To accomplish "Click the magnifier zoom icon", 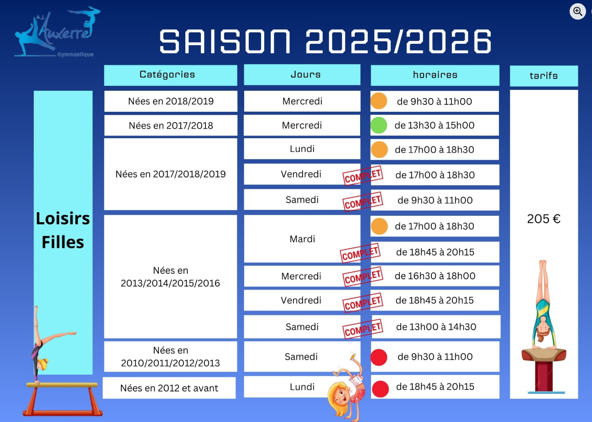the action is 577,11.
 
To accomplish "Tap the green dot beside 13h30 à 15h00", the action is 379,125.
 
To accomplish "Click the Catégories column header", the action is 170,75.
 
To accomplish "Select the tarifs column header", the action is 544,76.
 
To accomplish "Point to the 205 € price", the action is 544,219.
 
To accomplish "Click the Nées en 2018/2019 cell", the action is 171,101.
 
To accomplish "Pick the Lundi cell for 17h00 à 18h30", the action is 302,149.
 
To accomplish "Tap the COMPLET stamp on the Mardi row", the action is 360,253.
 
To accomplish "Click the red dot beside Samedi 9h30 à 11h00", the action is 379,357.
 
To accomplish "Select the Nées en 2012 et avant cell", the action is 169,388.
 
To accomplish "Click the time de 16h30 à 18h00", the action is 435,276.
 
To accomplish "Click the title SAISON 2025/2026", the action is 325,41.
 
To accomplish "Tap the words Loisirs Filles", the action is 63,230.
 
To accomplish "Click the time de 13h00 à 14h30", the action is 436,327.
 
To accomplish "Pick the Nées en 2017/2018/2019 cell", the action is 170,174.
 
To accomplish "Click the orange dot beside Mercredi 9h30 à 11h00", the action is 379,101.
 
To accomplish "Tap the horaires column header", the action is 435,75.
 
